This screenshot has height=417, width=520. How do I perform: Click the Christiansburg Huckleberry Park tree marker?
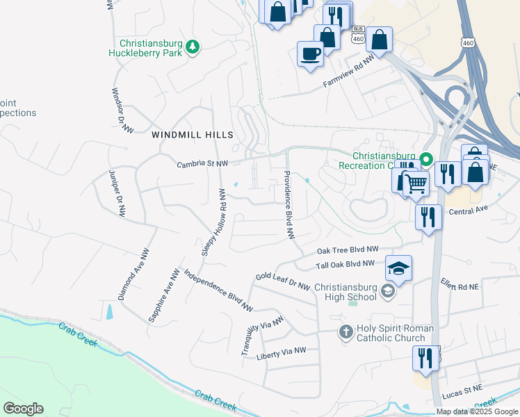tap(193, 47)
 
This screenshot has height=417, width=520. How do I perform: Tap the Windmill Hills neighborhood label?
tap(193, 134)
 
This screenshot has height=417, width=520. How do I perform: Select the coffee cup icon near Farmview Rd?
tap(309, 53)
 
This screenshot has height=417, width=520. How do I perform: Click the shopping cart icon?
tap(415, 183)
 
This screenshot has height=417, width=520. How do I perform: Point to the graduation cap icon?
tap(398, 268)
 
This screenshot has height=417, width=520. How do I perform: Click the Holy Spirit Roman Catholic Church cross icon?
tap(346, 333)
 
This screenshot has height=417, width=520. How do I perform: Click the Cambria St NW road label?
tap(202, 164)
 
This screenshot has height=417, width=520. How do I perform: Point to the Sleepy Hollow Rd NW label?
tap(214, 222)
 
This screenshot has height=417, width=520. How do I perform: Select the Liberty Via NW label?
tap(281, 354)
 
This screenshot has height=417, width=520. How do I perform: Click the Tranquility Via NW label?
tap(263, 336)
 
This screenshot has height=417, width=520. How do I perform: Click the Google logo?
tap(23, 409)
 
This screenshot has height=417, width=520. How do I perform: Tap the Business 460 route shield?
tap(358, 35)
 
